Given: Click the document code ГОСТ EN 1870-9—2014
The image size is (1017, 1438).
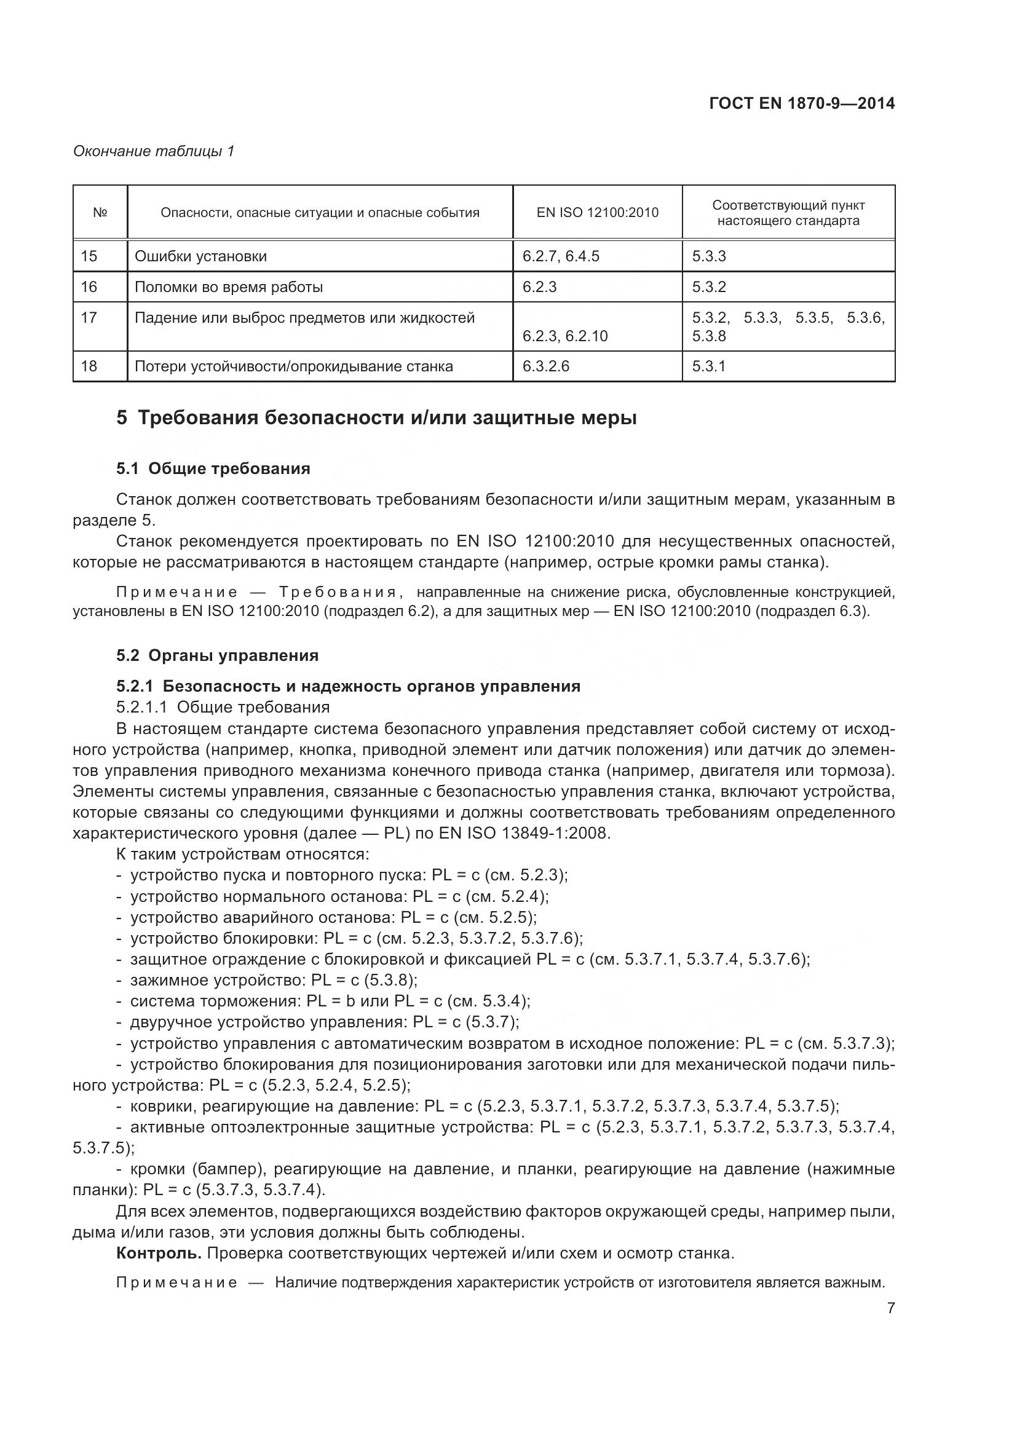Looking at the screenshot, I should (x=802, y=103).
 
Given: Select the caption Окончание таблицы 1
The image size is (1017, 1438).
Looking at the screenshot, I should (x=154, y=151).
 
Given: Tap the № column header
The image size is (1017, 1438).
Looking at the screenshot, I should (x=100, y=212).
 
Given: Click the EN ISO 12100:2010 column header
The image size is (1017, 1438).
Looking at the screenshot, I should (x=597, y=212).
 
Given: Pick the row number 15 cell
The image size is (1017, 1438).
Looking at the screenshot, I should (x=90, y=256).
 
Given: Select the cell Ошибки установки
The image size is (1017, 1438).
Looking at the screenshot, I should (x=201, y=256).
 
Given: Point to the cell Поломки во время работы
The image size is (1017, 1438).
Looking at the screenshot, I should (x=229, y=287).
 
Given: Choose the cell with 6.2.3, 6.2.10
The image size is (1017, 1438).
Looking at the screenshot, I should (x=565, y=336).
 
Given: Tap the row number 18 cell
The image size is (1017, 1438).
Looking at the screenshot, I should (x=90, y=366).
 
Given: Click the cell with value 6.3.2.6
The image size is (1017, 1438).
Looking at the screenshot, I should (x=545, y=366).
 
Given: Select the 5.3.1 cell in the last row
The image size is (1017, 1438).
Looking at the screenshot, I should (x=708, y=366).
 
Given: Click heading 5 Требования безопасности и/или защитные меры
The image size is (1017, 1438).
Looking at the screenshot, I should (x=376, y=417).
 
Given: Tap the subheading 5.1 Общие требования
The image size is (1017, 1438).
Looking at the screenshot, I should (x=213, y=468).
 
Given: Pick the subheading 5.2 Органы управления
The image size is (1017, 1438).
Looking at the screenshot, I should (x=217, y=655).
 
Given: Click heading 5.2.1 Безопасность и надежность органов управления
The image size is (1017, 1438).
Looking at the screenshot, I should (x=348, y=686).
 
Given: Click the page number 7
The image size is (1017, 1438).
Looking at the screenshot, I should (x=890, y=1325).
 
